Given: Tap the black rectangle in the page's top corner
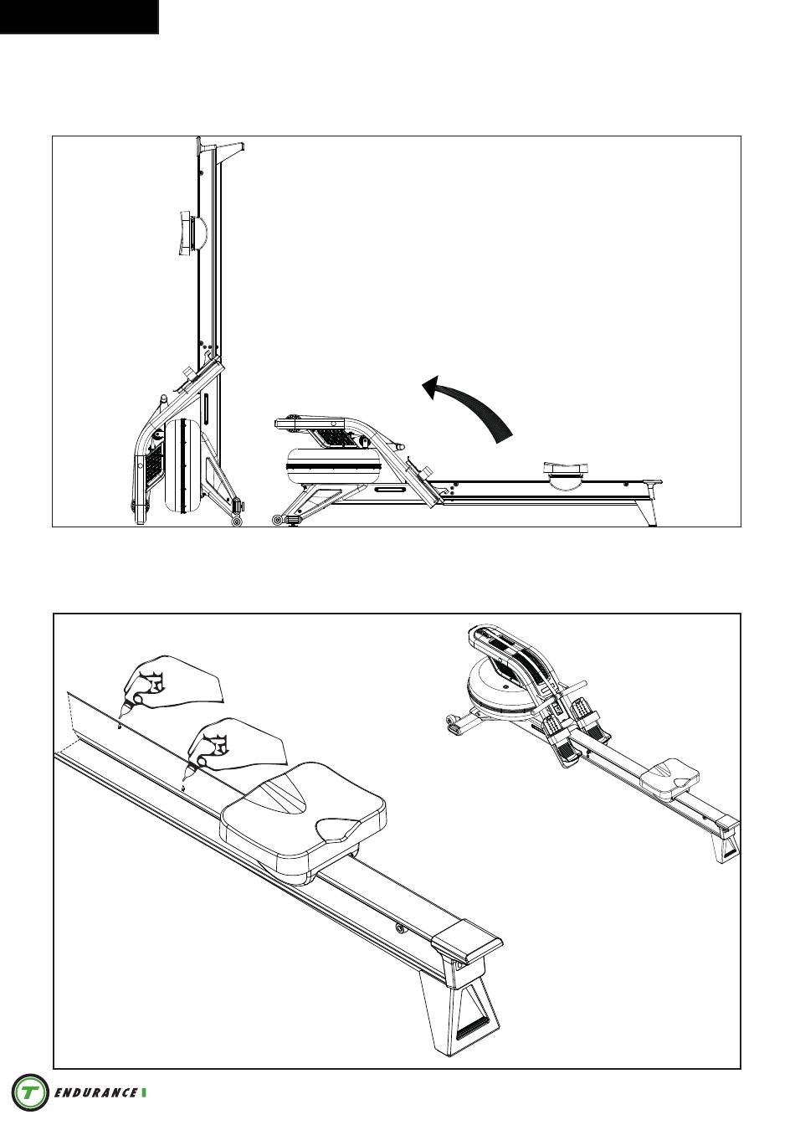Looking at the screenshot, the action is [x=79, y=17].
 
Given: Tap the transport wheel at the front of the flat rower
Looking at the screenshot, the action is [x=277, y=521].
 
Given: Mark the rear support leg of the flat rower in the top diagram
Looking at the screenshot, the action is [x=649, y=511].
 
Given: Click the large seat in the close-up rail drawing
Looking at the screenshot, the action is [x=303, y=817].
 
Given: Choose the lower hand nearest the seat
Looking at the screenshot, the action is [x=233, y=747].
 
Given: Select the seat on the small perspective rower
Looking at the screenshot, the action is [x=669, y=781].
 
